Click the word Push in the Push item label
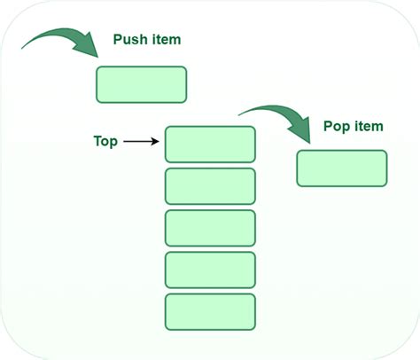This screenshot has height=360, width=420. [129, 40]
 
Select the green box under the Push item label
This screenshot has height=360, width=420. [141, 84]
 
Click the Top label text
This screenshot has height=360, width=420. [105, 141]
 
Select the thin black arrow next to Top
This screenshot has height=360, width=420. [142, 141]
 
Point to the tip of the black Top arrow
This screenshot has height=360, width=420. [161, 141]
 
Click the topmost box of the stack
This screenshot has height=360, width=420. [210, 145]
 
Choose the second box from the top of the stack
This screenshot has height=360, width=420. [210, 186]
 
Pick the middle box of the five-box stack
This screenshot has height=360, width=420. [210, 228]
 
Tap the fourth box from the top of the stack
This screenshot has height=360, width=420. [210, 270]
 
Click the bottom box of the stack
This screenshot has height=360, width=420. [210, 311]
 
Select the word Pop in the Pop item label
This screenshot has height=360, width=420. [336, 127]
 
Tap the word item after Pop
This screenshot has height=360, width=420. [368, 127]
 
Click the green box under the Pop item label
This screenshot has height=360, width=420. [341, 168]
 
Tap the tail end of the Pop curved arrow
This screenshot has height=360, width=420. [239, 114]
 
